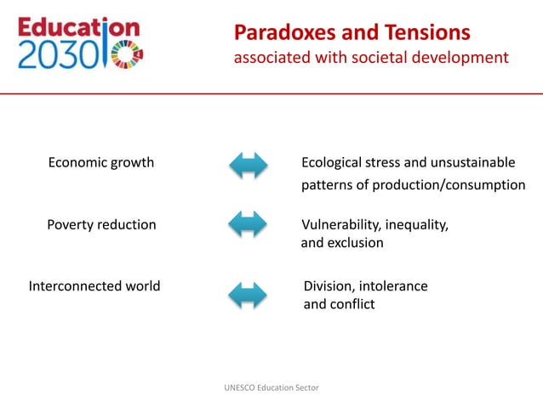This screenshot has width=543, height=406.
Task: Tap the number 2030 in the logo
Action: tap(52, 55)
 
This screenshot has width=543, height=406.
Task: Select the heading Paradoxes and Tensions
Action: tap(352, 33)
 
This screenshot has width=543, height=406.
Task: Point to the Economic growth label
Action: tap(100, 162)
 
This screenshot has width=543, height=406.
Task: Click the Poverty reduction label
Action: tap(101, 225)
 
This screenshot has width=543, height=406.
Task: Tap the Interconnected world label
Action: tap(94, 286)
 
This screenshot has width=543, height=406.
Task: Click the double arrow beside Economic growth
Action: tap(249, 165)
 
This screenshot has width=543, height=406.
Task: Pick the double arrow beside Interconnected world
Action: tap(249, 295)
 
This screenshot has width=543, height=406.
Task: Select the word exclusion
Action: tap(357, 243)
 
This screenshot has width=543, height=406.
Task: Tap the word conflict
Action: tap(355, 304)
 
